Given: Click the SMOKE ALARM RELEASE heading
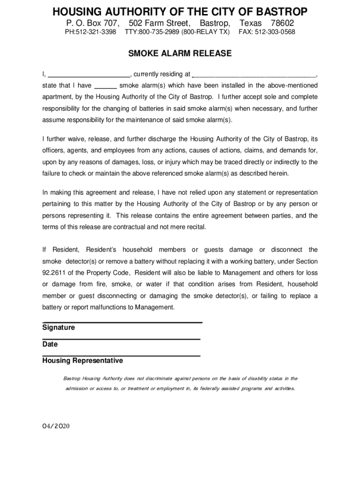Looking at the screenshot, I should [180, 54].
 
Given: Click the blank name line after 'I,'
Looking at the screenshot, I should [89, 74].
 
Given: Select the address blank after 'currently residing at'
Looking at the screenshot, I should [254, 74].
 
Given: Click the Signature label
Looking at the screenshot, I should [58, 328].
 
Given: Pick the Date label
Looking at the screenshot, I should [50, 345].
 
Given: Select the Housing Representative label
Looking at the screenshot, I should [83, 361].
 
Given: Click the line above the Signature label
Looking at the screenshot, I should [122, 322].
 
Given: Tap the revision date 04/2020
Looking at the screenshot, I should [56, 426].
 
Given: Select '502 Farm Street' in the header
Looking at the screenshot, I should [159, 23].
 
